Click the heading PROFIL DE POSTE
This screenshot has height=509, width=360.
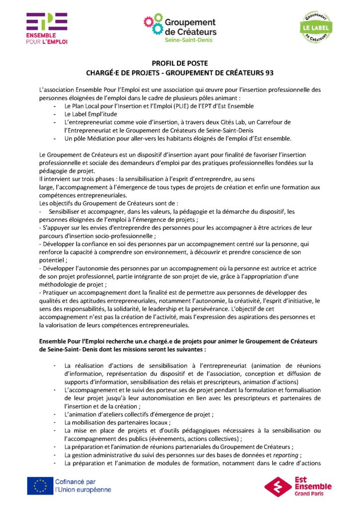(180, 63)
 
